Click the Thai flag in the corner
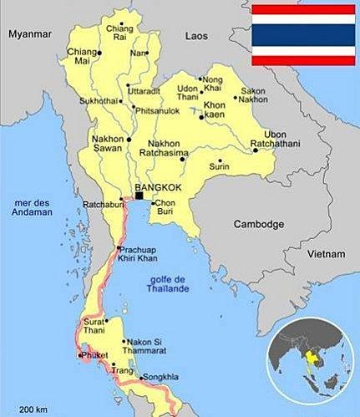point(304,34)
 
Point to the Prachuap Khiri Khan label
point(139,255)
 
